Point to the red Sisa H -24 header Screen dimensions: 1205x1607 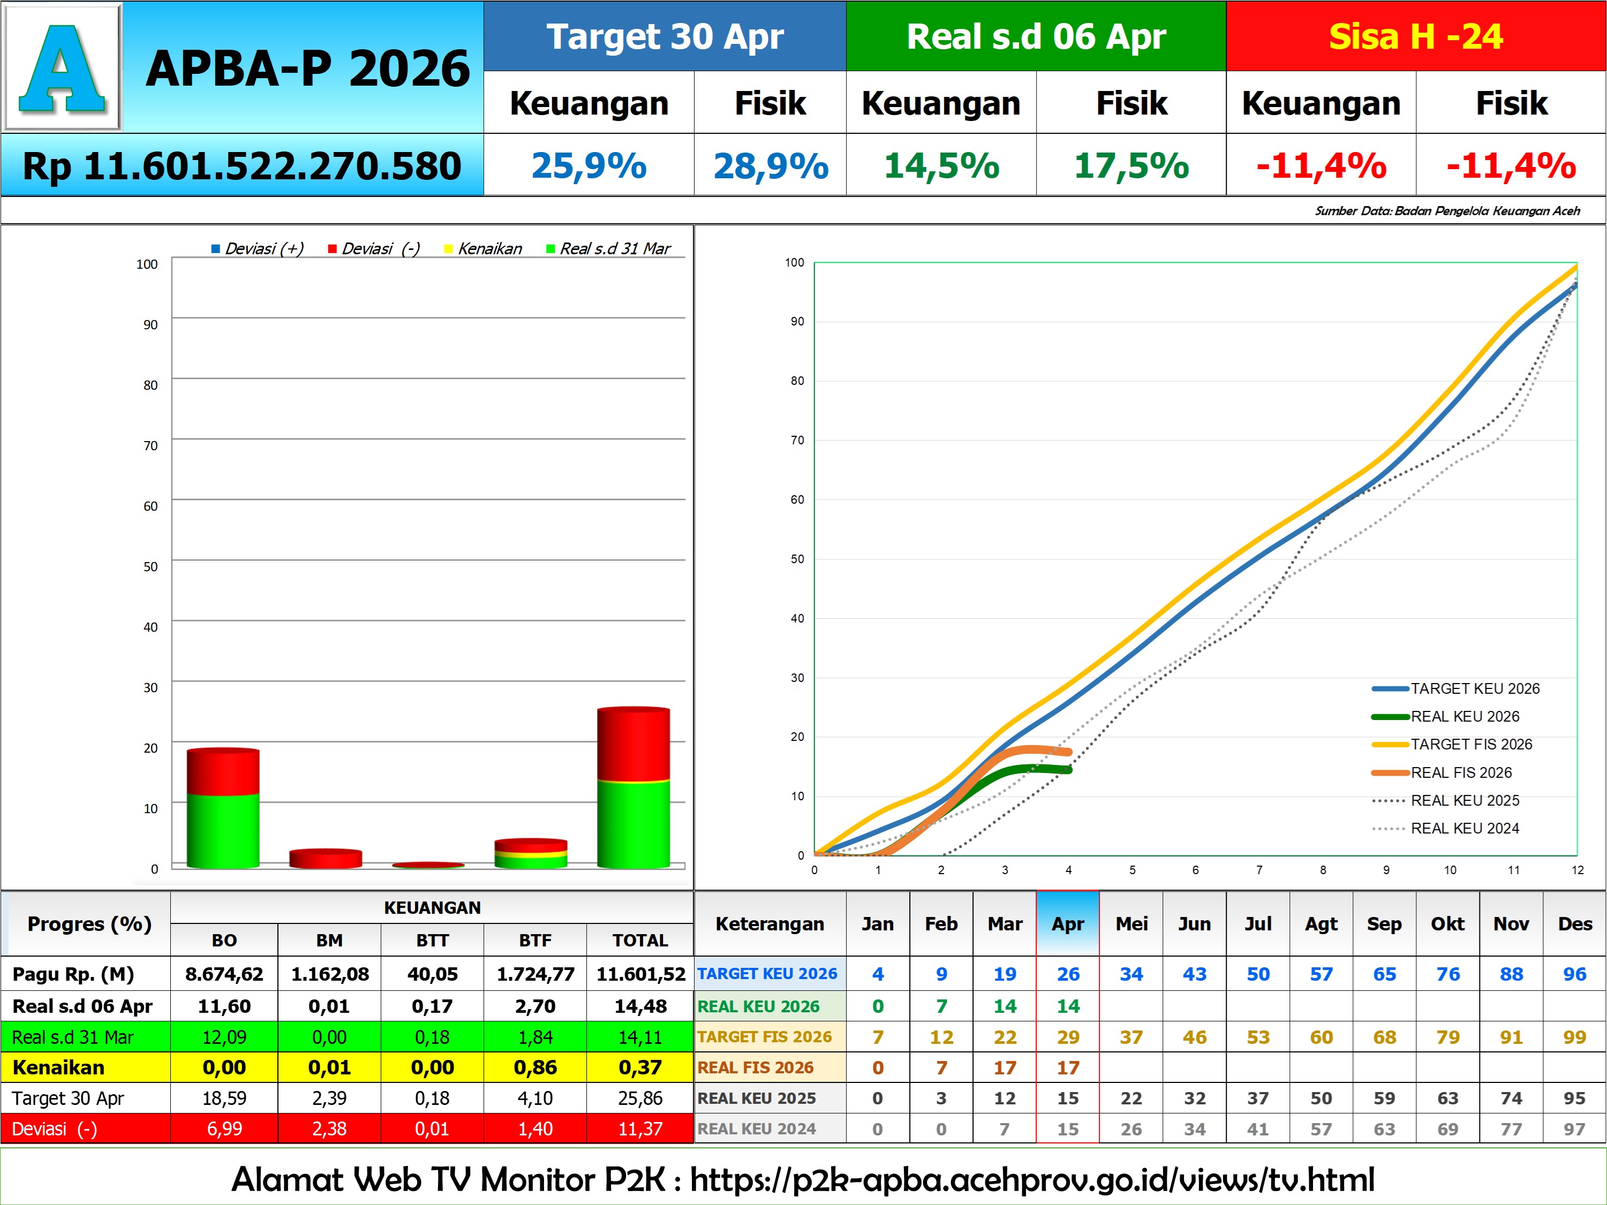pyautogui.click(x=1415, y=36)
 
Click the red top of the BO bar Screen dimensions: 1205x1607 pyautogui.click(x=223, y=771)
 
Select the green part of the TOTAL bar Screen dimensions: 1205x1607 pyautogui.click(x=633, y=824)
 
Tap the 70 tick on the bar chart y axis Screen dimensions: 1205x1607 pyautogui.click(x=150, y=445)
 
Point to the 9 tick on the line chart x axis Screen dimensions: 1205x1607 pyautogui.click(x=1386, y=870)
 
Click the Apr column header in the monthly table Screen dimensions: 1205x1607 pyautogui.click(x=1067, y=924)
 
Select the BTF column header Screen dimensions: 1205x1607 pyautogui.click(x=535, y=941)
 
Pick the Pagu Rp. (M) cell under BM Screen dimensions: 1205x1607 pyautogui.click(x=329, y=974)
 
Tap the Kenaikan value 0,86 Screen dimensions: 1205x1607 pyautogui.click(x=535, y=1068)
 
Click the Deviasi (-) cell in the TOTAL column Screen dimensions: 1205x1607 pyautogui.click(x=639, y=1129)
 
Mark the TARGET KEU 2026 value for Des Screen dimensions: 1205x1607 pyautogui.click(x=1574, y=974)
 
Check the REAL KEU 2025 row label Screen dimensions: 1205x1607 pyautogui.click(x=756, y=1098)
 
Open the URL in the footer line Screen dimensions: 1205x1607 pyautogui.click(x=1032, y=1180)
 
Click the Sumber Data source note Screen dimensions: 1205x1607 pyautogui.click(x=1447, y=210)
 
